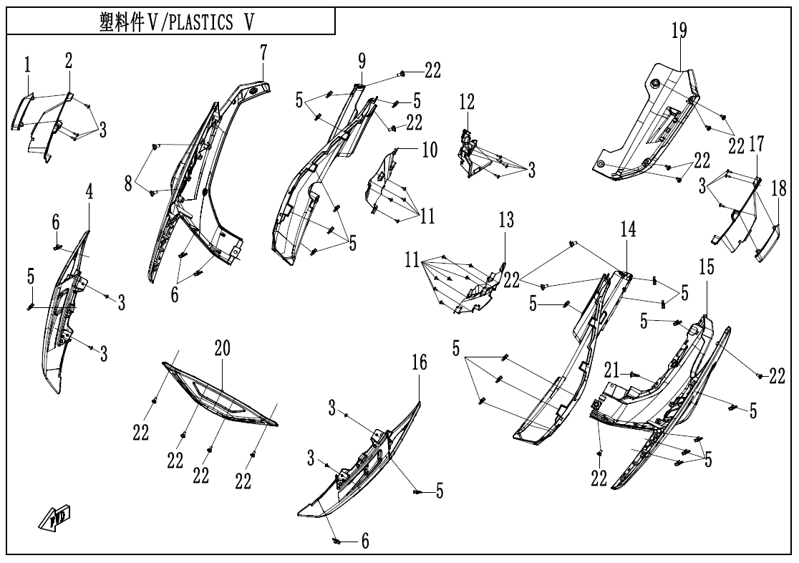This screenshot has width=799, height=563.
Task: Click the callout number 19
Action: point(679,31)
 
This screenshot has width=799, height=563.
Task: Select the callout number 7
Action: point(263,52)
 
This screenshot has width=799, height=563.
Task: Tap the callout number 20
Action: point(222,349)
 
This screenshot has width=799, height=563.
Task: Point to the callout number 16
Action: point(420,363)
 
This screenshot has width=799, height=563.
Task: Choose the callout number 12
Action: point(467,102)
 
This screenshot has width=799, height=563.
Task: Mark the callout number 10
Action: point(430,150)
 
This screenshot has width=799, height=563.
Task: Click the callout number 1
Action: point(27,66)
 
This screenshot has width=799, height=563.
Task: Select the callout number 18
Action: point(778,188)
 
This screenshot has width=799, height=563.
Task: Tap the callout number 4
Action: point(90,191)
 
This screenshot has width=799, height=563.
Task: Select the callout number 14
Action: point(628,230)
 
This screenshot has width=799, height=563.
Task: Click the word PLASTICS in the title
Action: point(203,24)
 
